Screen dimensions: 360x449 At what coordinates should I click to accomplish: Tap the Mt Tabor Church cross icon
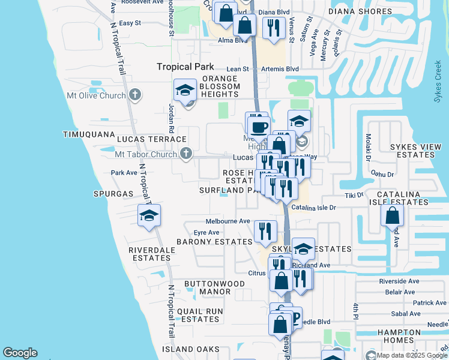click(x=186, y=154)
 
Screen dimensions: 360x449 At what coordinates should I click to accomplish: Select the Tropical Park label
click(x=181, y=67)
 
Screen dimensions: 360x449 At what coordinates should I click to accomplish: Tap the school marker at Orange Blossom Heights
click(x=185, y=91)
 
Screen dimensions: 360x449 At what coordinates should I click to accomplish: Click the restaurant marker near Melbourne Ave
click(x=265, y=230)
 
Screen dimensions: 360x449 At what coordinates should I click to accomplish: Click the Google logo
click(x=20, y=353)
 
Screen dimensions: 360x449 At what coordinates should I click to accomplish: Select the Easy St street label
click(x=130, y=23)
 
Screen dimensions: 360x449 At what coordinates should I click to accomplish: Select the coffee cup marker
click(x=259, y=127)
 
